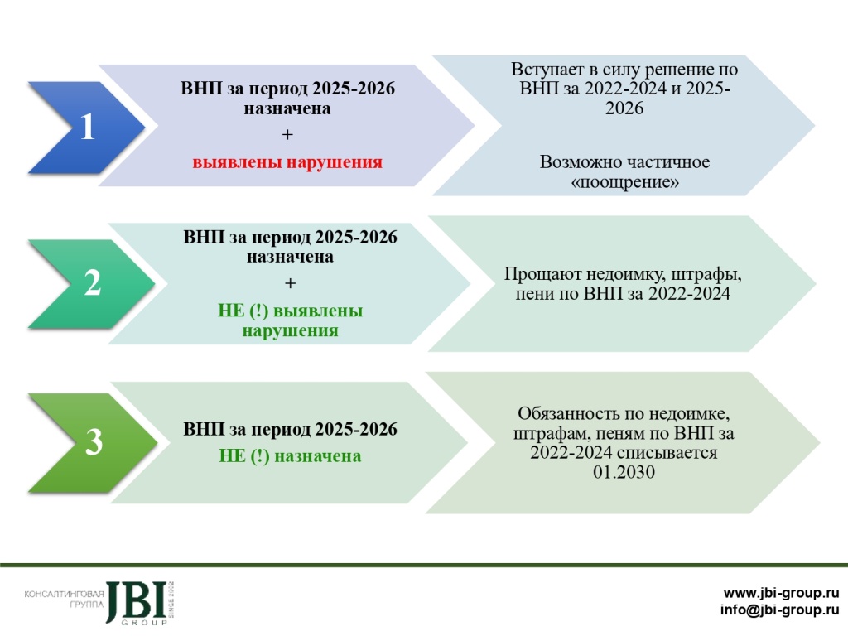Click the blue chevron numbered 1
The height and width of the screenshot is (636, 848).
pyautogui.click(x=86, y=128)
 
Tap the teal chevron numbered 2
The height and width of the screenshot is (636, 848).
pyautogui.click(x=93, y=283)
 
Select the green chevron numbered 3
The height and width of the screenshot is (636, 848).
pyautogui.click(x=94, y=442)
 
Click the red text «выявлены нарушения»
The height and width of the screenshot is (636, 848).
pyautogui.click(x=287, y=162)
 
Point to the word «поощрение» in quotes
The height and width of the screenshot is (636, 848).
pyautogui.click(x=625, y=182)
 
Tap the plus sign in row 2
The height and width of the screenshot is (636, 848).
pyautogui.click(x=290, y=284)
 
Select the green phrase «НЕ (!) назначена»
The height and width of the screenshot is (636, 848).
pyautogui.click(x=290, y=456)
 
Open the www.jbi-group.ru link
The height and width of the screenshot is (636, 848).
pyautogui.click(x=781, y=593)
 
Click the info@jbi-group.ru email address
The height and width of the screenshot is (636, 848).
pyautogui.click(x=779, y=611)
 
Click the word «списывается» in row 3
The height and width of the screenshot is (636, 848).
pyautogui.click(x=667, y=453)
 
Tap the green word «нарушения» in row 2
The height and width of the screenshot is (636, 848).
pyautogui.click(x=290, y=330)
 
